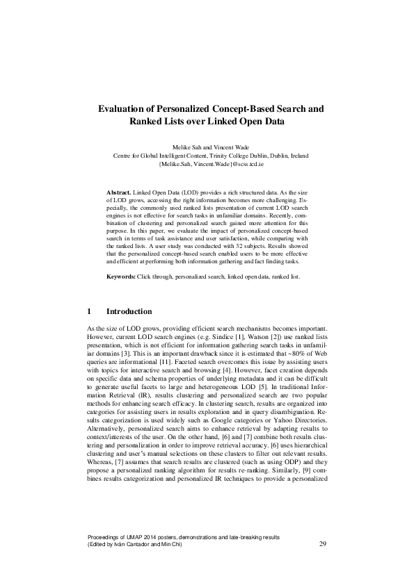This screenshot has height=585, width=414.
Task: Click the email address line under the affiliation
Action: pos(207,165)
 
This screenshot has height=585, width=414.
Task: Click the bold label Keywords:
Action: pos(120,277)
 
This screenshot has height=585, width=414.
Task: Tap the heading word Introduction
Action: pos(129,311)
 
